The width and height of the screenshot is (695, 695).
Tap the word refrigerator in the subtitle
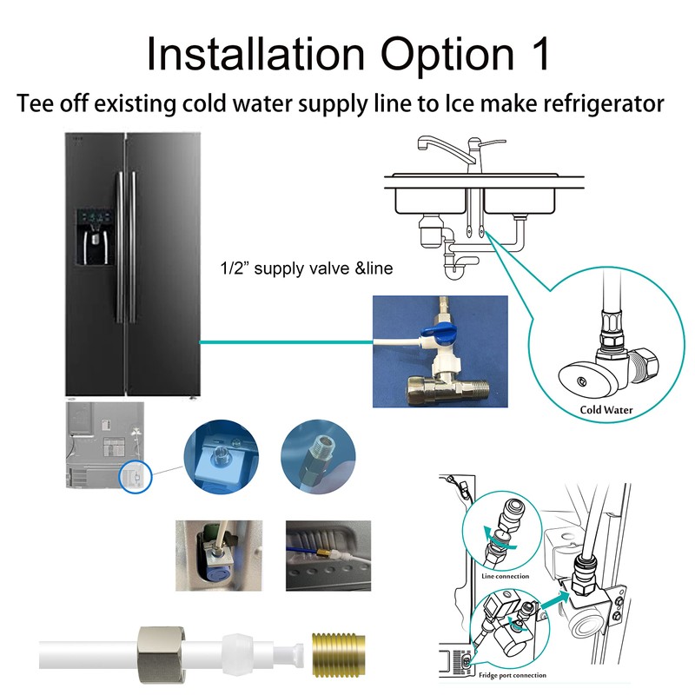click(x=591, y=104)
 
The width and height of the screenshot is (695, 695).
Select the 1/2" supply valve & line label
click(x=306, y=269)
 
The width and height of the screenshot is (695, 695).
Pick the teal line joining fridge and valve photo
click(x=287, y=342)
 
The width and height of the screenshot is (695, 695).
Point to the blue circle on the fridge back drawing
click(x=132, y=477)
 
